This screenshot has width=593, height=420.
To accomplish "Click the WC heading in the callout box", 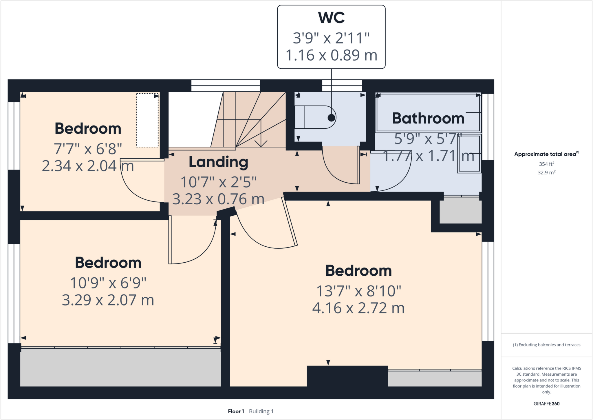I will coord(331,18).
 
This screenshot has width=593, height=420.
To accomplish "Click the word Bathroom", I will coord(428,118).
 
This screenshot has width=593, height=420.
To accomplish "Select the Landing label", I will coord(218,162).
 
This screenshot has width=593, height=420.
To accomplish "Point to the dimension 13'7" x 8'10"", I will coord(358,291).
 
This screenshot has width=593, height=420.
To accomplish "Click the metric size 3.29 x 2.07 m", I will coord(108,300).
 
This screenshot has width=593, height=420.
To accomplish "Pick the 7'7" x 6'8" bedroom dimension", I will coord(88,149).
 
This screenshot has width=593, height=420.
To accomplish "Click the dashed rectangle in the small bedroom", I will coord(147,120).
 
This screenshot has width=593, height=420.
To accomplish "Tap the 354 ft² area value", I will coord(546,164).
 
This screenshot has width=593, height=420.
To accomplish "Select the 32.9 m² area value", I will coord(546,172).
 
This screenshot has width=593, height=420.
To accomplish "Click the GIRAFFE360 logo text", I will coord(546,403).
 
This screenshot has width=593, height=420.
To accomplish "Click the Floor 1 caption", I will coord(236,411).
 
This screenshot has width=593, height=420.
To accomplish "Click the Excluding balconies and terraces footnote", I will coord(546,345).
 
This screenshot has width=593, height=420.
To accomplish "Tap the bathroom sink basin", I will coord(469,153).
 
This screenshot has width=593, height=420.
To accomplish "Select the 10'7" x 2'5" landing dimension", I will coord(218,182).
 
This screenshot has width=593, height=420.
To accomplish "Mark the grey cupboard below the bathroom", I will coord(460,210).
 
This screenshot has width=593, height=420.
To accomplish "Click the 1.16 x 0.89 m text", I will coord(331,55).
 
